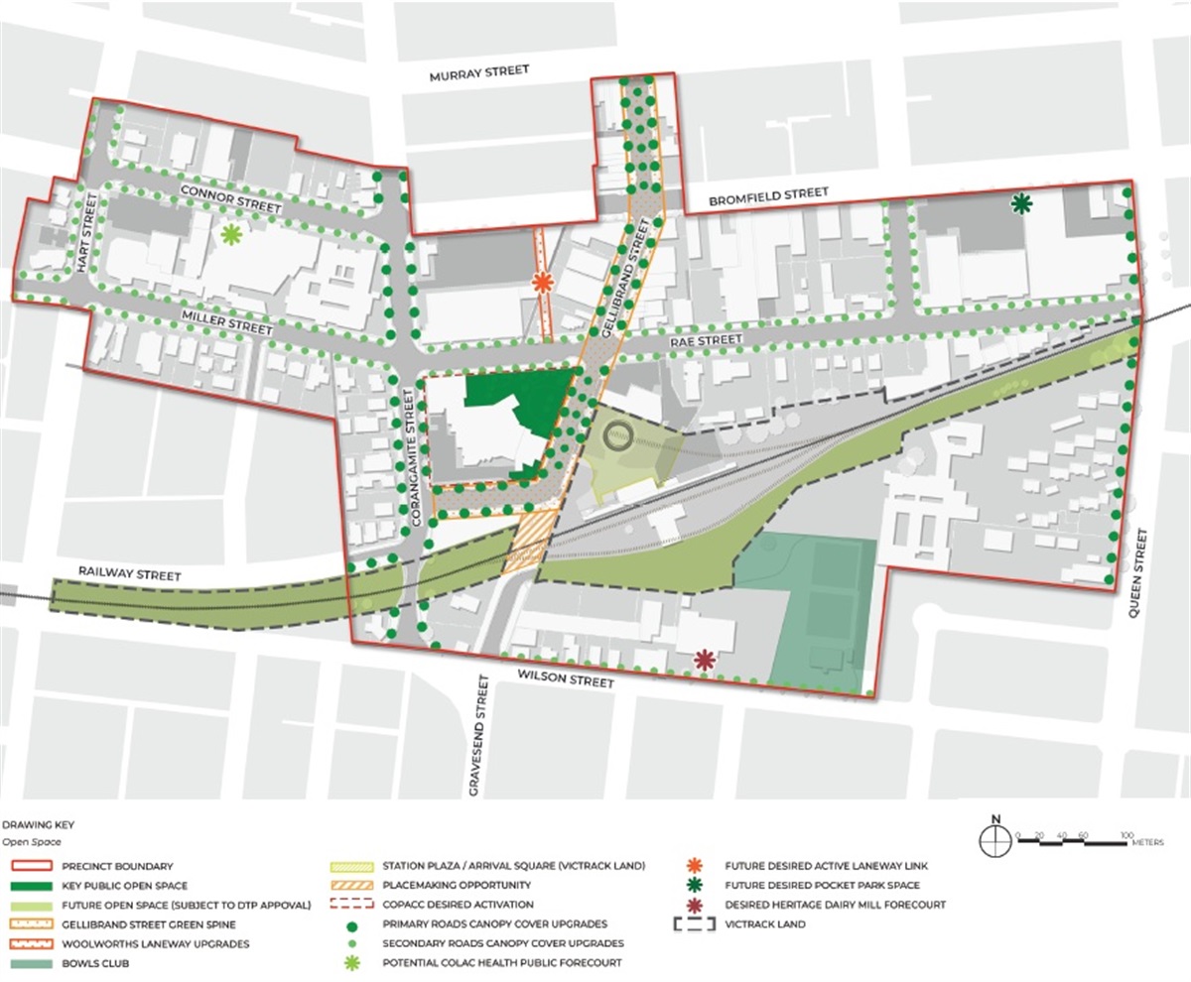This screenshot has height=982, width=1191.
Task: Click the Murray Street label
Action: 479,73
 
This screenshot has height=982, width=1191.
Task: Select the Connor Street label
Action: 231,197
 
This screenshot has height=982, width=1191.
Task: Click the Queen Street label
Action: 1140,574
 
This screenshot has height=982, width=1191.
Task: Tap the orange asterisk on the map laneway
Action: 542,283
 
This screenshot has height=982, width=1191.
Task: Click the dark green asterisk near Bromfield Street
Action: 1020,204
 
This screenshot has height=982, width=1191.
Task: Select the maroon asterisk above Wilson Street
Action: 705,659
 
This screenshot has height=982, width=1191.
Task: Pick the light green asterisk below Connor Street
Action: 231,234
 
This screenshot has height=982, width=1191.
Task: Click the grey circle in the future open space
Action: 617,434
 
